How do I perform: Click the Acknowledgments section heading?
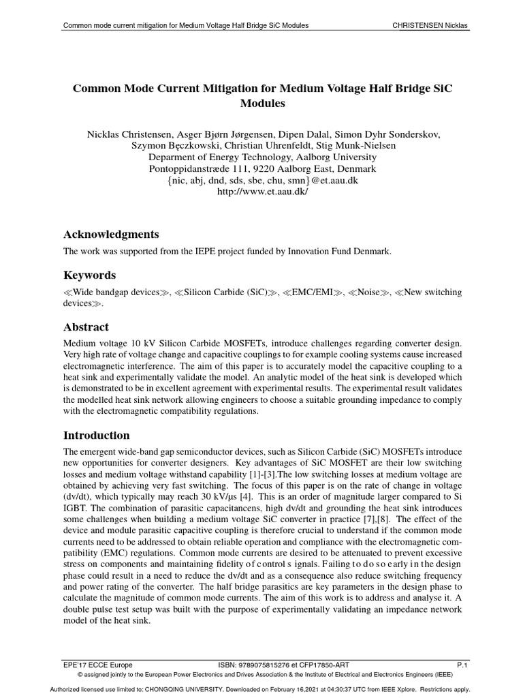[x=111, y=234]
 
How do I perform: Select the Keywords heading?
[x=89, y=275]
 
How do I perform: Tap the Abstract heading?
[x=86, y=327]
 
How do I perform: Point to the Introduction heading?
[x=96, y=435]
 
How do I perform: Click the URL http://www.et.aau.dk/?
[x=262, y=192]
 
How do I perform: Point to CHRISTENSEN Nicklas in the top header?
[x=430, y=26]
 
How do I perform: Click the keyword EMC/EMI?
[x=313, y=292]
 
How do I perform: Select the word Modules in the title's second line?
[x=262, y=104]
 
